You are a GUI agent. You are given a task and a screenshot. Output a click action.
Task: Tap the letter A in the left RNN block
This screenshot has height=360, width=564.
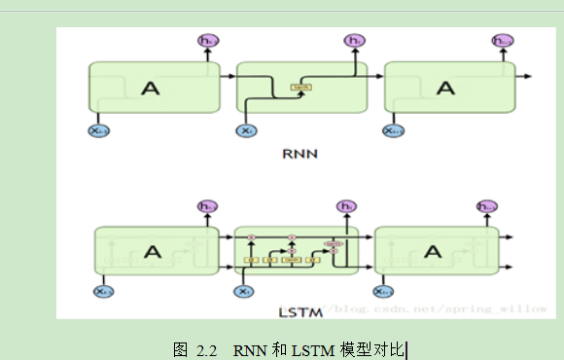tap(151, 89)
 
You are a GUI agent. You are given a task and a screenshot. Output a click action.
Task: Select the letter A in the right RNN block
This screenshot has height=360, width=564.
tap(445, 89)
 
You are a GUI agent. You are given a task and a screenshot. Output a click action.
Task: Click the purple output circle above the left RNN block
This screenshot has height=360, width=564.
tap(206, 41)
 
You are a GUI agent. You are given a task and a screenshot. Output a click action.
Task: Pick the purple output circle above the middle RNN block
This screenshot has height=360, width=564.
tap(354, 41)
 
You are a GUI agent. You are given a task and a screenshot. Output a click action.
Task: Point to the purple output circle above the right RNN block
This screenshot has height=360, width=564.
tap(502, 41)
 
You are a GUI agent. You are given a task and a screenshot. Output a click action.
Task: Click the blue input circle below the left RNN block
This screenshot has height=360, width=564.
tap(97, 130)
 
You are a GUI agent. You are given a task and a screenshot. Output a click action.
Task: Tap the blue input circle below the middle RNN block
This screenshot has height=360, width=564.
tap(246, 130)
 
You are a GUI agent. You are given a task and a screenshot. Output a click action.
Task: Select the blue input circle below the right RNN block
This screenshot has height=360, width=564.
tap(393, 130)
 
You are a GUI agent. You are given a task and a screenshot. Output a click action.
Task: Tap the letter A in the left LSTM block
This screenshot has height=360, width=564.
tap(152, 252)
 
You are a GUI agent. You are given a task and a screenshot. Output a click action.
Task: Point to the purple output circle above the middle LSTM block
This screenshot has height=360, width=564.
tap(344, 206)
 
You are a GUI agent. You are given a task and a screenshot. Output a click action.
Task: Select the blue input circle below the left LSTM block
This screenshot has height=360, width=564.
tap(102, 291)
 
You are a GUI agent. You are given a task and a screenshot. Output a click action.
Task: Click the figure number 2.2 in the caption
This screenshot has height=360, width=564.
tap(205, 348)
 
